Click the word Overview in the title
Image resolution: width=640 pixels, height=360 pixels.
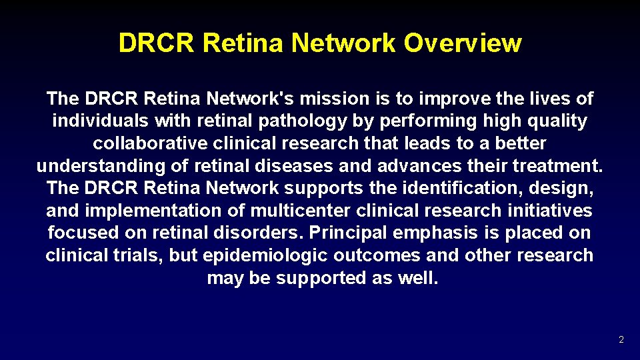tap(463, 43)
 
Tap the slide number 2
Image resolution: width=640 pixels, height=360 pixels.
tap(621, 340)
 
